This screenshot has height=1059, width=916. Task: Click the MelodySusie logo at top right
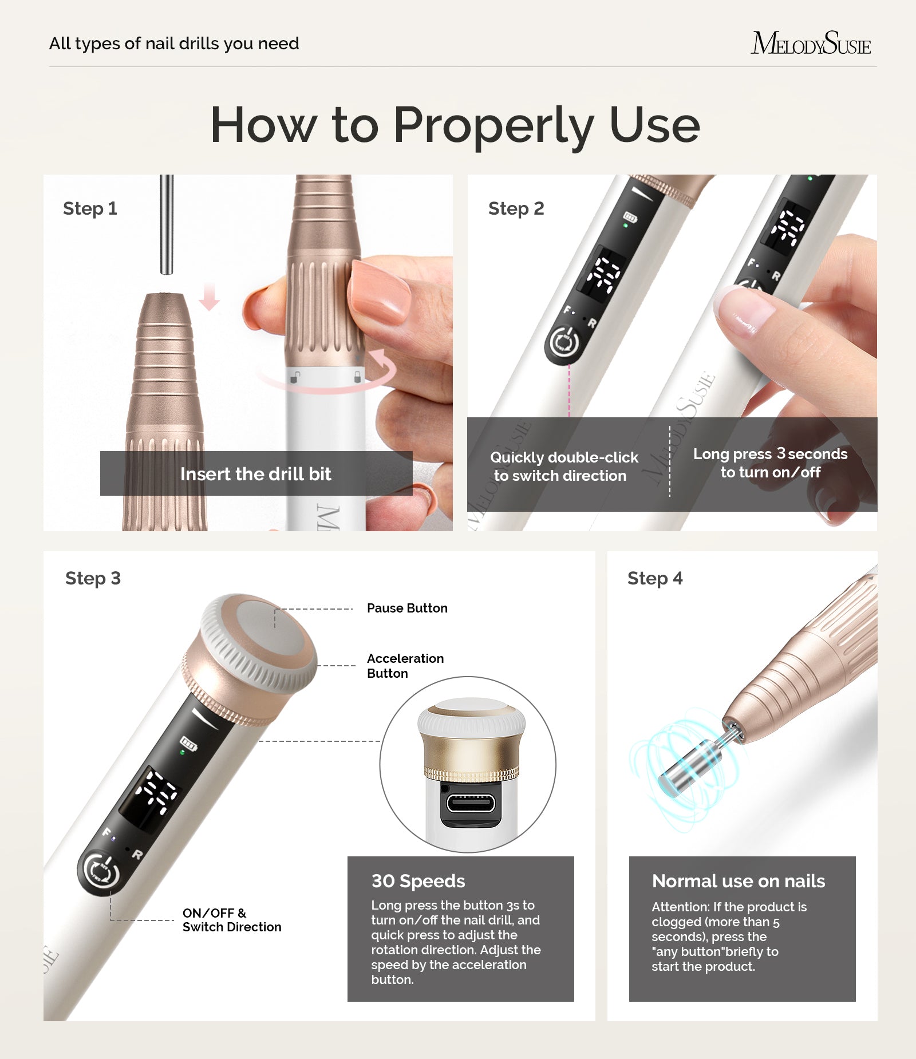tap(810, 44)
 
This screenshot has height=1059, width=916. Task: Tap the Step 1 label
tap(90, 208)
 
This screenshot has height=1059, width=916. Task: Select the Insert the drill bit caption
tap(256, 474)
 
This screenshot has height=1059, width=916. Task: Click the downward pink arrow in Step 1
tap(209, 297)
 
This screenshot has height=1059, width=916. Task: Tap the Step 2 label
tap(516, 208)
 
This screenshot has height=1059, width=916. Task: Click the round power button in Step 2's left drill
tap(564, 342)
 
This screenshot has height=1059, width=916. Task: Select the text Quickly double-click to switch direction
tap(563, 467)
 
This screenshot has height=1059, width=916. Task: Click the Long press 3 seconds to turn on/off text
tap(770, 463)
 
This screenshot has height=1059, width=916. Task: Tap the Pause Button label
tap(407, 608)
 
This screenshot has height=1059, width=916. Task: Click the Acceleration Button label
tap(405, 666)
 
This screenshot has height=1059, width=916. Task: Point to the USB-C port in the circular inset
tap(471, 803)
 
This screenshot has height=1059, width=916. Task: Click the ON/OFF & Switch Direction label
tap(231, 920)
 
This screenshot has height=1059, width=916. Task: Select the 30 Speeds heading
tap(418, 881)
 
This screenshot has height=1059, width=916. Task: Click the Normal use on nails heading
tap(738, 881)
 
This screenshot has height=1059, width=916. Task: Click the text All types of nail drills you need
tap(174, 44)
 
